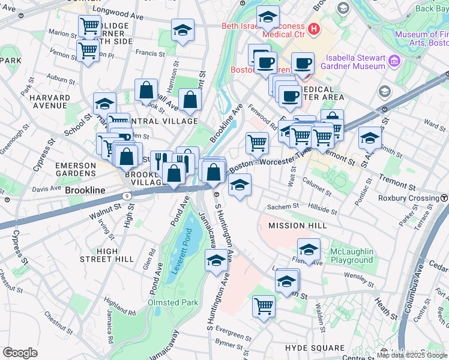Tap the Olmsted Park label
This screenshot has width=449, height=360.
pyautogui.click(x=173, y=302)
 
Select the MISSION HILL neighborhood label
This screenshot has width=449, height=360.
pyautogui.click(x=298, y=225)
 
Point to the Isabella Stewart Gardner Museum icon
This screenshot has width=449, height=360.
pyautogui.click(x=395, y=61)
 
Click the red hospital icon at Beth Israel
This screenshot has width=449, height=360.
pyautogui.click(x=313, y=29)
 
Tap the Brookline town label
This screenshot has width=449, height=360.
pyautogui.click(x=85, y=190)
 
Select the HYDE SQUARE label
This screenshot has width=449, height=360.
pyautogui.click(x=315, y=348)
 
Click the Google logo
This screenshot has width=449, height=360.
pyautogui.click(x=20, y=353)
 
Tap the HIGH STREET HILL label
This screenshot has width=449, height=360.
pyautogui.click(x=107, y=255)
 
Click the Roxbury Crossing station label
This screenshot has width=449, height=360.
pyautogui.click(x=408, y=198)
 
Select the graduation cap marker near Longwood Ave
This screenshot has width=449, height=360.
pyautogui.click(x=182, y=30)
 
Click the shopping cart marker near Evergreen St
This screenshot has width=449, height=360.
pyautogui.click(x=264, y=306)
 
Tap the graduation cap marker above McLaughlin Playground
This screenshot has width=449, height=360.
pyautogui.click(x=309, y=249)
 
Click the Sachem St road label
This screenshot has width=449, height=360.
pyautogui.click(x=283, y=206)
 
